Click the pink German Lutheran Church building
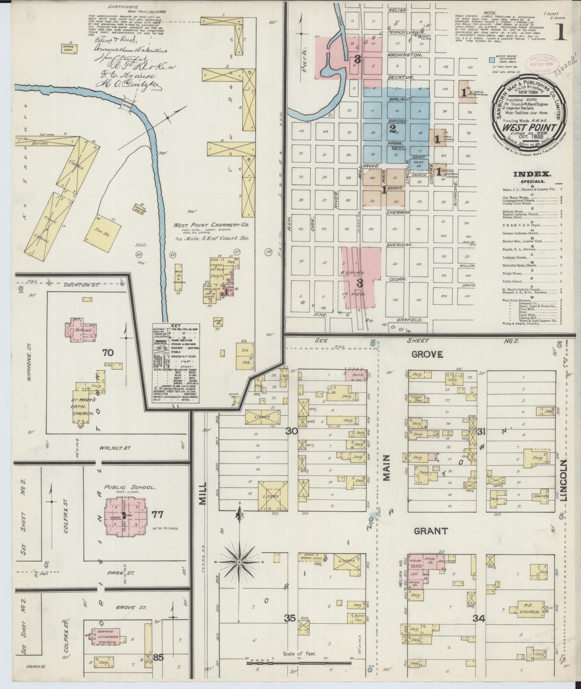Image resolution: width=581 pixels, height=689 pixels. [x=106, y=637]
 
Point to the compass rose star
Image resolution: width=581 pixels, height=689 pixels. [x=239, y=572]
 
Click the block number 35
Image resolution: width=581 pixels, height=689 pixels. [x=290, y=618]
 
